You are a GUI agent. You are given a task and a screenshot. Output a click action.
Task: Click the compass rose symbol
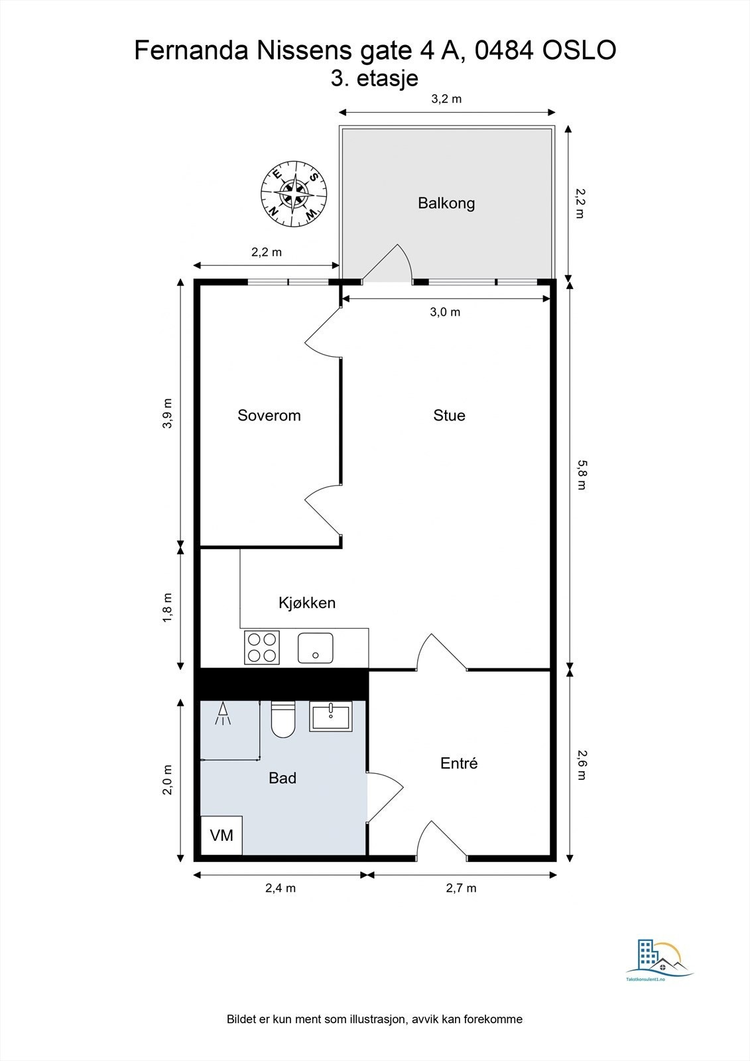click(294, 195)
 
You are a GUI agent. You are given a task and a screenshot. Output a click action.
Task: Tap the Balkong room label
click(446, 203)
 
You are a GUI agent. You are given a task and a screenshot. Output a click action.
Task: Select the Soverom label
click(269, 415)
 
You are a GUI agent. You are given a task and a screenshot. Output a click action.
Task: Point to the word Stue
click(449, 415)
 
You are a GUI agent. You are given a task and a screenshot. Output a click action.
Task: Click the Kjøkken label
click(307, 603)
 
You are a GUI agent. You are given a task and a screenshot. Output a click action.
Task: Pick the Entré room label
click(459, 763)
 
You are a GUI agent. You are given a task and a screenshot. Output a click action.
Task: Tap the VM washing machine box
click(221, 835)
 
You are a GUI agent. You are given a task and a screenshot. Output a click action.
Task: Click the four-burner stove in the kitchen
click(262, 647)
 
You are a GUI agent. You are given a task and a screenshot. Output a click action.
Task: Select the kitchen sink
click(315, 647)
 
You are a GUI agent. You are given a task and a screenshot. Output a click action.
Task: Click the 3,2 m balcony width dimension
click(446, 99)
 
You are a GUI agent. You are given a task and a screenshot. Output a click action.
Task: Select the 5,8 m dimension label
click(581, 475)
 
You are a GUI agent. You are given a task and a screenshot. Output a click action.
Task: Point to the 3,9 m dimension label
click(168, 414)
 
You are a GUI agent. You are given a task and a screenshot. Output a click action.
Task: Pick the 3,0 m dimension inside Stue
click(445, 312)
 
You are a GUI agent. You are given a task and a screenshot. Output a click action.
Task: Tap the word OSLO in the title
click(579, 50)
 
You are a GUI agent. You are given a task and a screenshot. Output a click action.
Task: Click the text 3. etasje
click(374, 78)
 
